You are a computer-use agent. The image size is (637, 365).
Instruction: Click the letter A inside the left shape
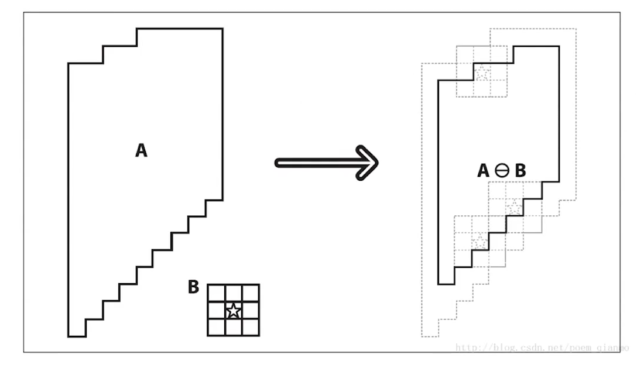coord(141,151)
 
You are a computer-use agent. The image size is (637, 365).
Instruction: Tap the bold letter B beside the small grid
coord(193,287)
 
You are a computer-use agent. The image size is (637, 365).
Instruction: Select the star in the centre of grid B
coord(234,311)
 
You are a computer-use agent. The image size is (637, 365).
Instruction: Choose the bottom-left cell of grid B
coord(217,327)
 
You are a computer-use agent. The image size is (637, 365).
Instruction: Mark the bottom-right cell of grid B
coord(251,327)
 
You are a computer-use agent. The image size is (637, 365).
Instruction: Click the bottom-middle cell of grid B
coord(234,327)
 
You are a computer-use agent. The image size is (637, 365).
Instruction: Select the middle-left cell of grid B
coord(217,311)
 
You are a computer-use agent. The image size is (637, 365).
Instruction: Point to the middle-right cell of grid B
coord(251,311)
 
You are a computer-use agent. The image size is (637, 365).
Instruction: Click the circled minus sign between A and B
coord(501,171)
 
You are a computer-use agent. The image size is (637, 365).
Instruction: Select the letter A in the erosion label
coord(483,171)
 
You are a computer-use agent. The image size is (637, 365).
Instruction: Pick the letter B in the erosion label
coord(519,171)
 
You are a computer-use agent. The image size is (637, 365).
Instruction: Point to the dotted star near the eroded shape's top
coord(482,74)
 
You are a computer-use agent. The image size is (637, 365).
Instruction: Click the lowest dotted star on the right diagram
coord(480,240)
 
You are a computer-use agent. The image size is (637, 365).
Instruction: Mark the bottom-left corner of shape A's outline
coord(69,336)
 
